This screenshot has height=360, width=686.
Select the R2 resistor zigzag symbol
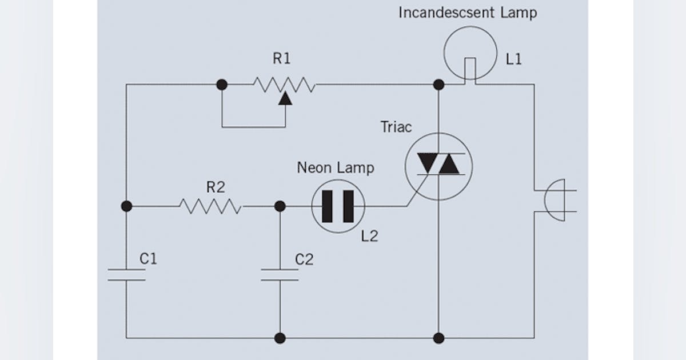coord(210,206)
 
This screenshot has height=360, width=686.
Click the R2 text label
coord(216,187)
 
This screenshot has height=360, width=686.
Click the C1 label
coord(148,259)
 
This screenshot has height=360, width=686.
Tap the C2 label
coord(304,259)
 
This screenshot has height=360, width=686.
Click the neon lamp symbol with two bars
coord(338,206)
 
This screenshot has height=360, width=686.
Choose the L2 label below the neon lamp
coord(369,235)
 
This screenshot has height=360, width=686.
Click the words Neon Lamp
coord(336,167)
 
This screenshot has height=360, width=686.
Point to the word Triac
coord(396,127)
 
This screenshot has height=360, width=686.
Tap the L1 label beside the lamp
coord(513,59)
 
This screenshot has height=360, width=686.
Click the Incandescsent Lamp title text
coord(468,13)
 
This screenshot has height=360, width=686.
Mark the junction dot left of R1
coord(222,85)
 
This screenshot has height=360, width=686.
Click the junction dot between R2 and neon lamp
coord(280,206)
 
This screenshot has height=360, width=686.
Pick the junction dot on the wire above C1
coord(126,206)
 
